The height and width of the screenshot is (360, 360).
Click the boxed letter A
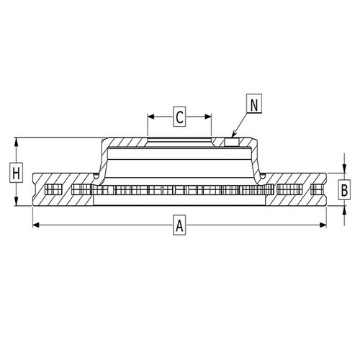click(179, 226)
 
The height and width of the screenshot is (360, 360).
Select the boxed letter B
click(344, 190)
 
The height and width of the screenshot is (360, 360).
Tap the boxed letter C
click(180, 114)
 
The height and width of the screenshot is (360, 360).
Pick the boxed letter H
click(15, 173)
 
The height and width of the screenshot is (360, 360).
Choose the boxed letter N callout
click(253, 104)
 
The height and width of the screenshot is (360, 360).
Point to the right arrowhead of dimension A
click(325, 226)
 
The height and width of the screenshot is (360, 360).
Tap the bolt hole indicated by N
click(231, 142)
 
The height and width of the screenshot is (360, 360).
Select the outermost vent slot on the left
click(50, 191)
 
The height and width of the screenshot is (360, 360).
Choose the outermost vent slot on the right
click(316, 191)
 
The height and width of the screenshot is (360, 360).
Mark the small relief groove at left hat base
click(96, 175)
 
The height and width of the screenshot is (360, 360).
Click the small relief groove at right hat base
click(263, 175)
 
